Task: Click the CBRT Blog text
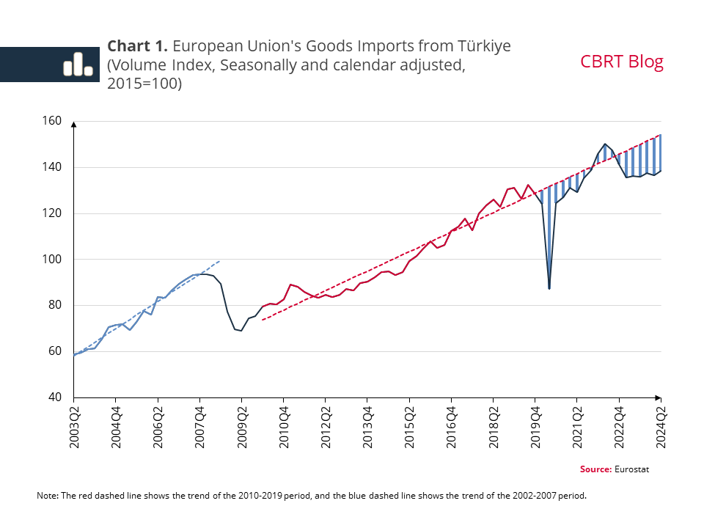point(621,62)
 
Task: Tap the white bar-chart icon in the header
point(77,65)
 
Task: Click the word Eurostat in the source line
point(631,469)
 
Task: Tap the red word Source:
point(595,469)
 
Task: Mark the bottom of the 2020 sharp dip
point(549,289)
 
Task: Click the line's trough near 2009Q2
point(241,331)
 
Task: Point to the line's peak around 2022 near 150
point(605,144)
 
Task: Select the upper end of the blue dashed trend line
point(220,260)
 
